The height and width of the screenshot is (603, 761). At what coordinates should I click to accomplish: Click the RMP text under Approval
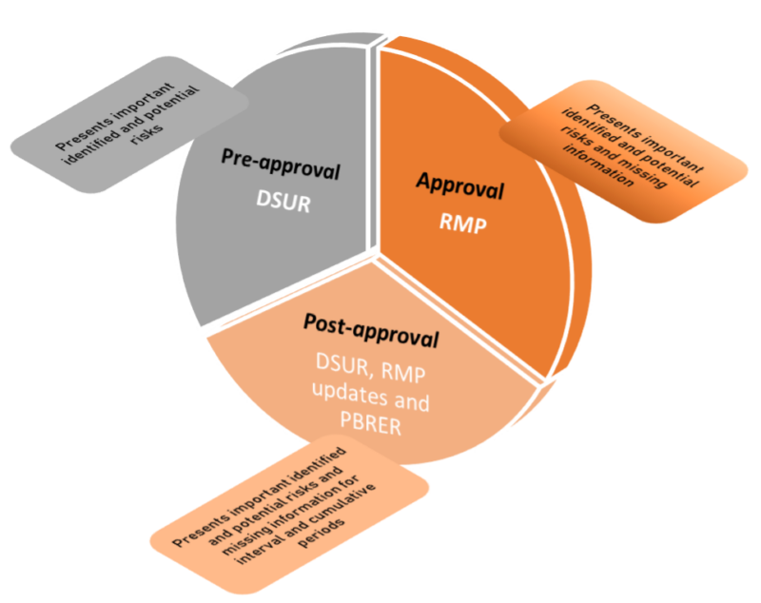point(463,224)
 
